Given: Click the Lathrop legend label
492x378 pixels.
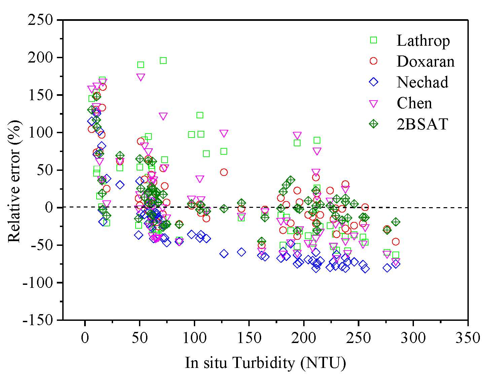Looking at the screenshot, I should [423, 41].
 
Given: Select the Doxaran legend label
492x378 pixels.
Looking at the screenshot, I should [425, 62].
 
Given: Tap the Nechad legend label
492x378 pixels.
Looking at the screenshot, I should [422, 82].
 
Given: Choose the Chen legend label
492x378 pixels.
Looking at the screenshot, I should [414, 103].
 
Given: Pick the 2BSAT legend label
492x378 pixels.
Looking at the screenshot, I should [422, 124].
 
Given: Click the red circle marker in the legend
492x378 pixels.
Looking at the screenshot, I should [374, 61].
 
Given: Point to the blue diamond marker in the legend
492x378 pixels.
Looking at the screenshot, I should [374, 82].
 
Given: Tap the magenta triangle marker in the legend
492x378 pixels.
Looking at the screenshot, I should [374, 103].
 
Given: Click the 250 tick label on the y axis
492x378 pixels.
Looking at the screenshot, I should [40, 20].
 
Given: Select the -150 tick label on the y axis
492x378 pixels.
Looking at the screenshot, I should [38, 320].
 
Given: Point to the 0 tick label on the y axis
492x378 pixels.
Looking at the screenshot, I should [49, 207].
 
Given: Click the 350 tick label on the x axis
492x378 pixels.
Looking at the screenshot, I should [468, 337].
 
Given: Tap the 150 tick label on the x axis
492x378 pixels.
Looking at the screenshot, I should [249, 337].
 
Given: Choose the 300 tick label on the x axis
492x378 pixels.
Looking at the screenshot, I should [413, 337].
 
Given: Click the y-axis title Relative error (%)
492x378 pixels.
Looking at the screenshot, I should [14, 181].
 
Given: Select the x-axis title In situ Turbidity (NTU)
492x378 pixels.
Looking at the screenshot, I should [265, 363].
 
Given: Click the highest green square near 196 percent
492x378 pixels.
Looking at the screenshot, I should [163, 61].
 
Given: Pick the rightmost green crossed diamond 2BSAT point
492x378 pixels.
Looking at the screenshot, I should [396, 222].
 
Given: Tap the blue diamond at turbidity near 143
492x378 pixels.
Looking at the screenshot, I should [241, 252].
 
